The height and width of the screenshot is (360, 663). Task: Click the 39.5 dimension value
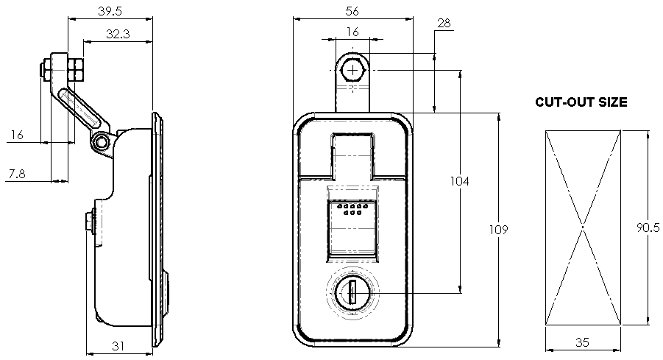(110, 11)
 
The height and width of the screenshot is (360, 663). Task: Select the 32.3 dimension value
(118, 34)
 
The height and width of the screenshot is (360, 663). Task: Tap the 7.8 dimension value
(16, 174)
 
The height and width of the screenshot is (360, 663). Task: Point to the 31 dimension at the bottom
(118, 346)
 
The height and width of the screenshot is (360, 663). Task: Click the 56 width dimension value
(352, 12)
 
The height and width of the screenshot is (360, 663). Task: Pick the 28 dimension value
(444, 23)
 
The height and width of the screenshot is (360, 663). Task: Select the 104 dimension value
(459, 182)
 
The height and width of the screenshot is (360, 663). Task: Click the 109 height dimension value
(498, 230)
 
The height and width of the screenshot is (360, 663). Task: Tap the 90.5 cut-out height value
(648, 227)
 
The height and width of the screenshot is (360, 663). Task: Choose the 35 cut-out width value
(582, 342)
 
